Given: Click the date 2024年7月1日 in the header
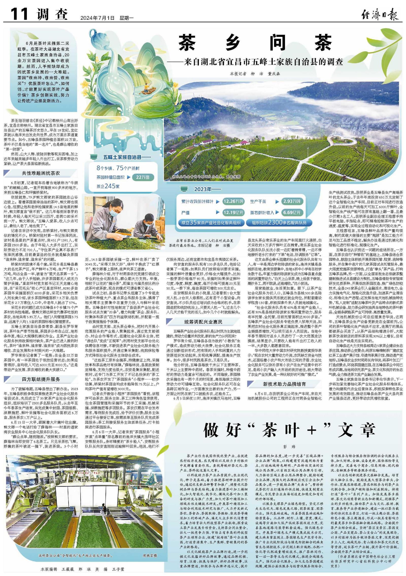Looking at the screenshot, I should point(97,18).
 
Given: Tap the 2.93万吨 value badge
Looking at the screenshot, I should point(292,201).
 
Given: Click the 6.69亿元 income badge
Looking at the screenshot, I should point(292,212).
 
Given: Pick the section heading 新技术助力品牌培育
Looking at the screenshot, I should point(284,384).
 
